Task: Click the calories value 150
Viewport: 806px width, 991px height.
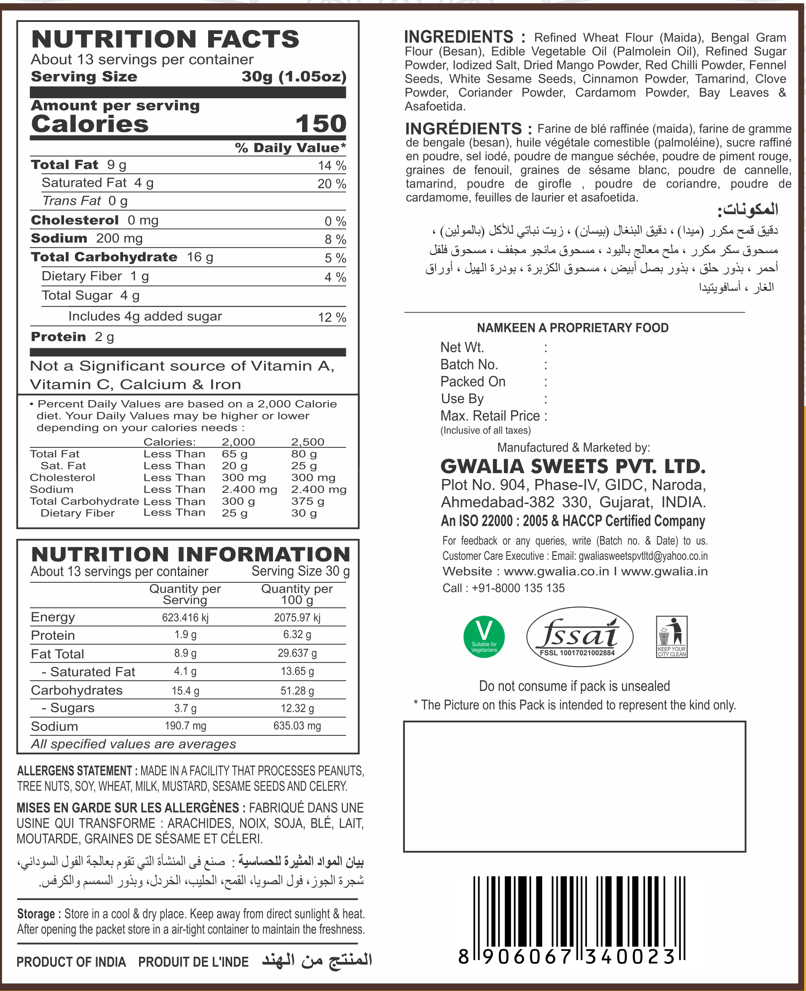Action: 321,124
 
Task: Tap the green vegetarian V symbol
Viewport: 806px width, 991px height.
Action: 484,636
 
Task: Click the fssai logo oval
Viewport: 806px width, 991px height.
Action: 579,636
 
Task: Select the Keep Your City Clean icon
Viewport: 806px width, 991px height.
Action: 671,636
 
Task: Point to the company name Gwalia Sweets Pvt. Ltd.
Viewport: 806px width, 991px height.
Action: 573,466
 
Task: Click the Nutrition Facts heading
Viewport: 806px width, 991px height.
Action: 165,39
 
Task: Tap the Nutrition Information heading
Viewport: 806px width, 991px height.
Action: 190,554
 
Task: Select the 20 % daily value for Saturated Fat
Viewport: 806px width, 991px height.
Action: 332,184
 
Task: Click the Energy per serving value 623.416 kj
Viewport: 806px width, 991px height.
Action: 185,617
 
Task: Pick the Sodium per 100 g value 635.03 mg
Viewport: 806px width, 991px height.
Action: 297,726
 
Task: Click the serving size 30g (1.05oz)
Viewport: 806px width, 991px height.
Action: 294,77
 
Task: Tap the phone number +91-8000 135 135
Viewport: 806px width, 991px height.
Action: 518,588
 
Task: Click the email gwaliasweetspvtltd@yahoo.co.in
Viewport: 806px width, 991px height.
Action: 643,556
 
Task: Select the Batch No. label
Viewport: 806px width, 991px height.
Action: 469,365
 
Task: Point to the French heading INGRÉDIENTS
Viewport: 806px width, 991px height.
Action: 464,129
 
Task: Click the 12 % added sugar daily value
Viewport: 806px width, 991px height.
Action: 332,318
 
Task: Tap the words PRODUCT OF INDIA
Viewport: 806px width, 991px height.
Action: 72,962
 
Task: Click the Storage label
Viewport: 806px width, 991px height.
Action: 36,914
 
